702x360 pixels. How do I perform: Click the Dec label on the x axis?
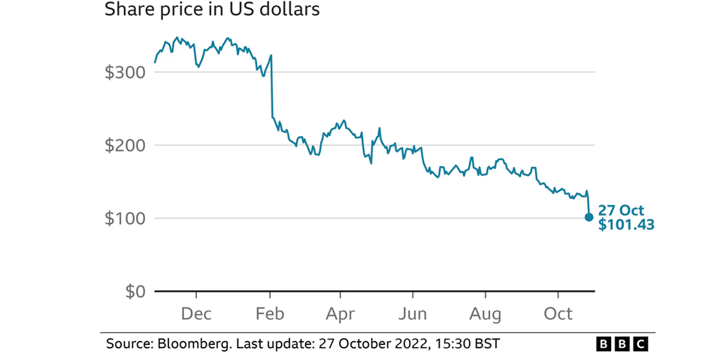[x=196, y=313]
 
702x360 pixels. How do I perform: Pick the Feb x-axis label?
[x=270, y=313]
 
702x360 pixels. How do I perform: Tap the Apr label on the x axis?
[x=341, y=313]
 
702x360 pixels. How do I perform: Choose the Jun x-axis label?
[x=413, y=313]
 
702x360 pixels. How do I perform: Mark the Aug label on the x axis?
[x=486, y=313]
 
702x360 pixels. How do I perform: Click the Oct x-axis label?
[x=558, y=313]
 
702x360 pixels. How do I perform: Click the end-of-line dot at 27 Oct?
[x=589, y=217]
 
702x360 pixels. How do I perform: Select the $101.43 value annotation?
[x=626, y=224]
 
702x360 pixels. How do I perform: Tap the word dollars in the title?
[x=291, y=11]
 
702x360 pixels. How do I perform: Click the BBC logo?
[x=622, y=344]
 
